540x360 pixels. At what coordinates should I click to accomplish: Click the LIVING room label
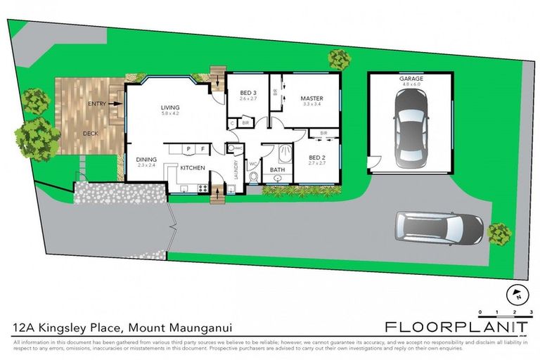tap(170, 108)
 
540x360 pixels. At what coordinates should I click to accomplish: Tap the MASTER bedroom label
tap(311, 98)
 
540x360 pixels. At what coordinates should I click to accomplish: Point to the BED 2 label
tap(317, 157)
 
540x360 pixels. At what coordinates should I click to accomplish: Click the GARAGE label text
tap(411, 79)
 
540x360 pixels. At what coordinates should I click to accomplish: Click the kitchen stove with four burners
tap(202, 188)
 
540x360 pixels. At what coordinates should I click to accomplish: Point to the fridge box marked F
tap(202, 149)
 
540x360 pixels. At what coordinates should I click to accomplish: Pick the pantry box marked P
tap(188, 149)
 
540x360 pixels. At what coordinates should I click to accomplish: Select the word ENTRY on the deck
tap(98, 104)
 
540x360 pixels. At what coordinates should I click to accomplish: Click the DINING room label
tap(146, 160)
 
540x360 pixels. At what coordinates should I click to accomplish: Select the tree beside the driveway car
tap(499, 233)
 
